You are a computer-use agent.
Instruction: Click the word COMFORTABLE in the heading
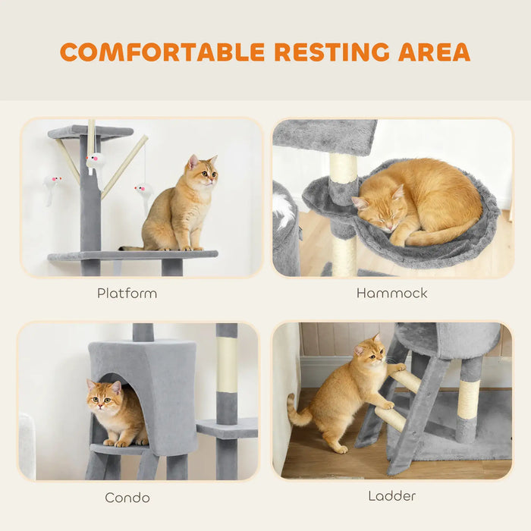point(164,52)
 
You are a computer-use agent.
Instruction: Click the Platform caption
point(127,293)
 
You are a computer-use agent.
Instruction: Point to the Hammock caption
point(391,293)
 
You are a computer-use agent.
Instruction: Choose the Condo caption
point(127,498)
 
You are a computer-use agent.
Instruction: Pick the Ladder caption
point(391,496)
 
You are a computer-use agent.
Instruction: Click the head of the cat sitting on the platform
point(203,172)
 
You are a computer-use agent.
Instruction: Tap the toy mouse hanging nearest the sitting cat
point(143,191)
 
